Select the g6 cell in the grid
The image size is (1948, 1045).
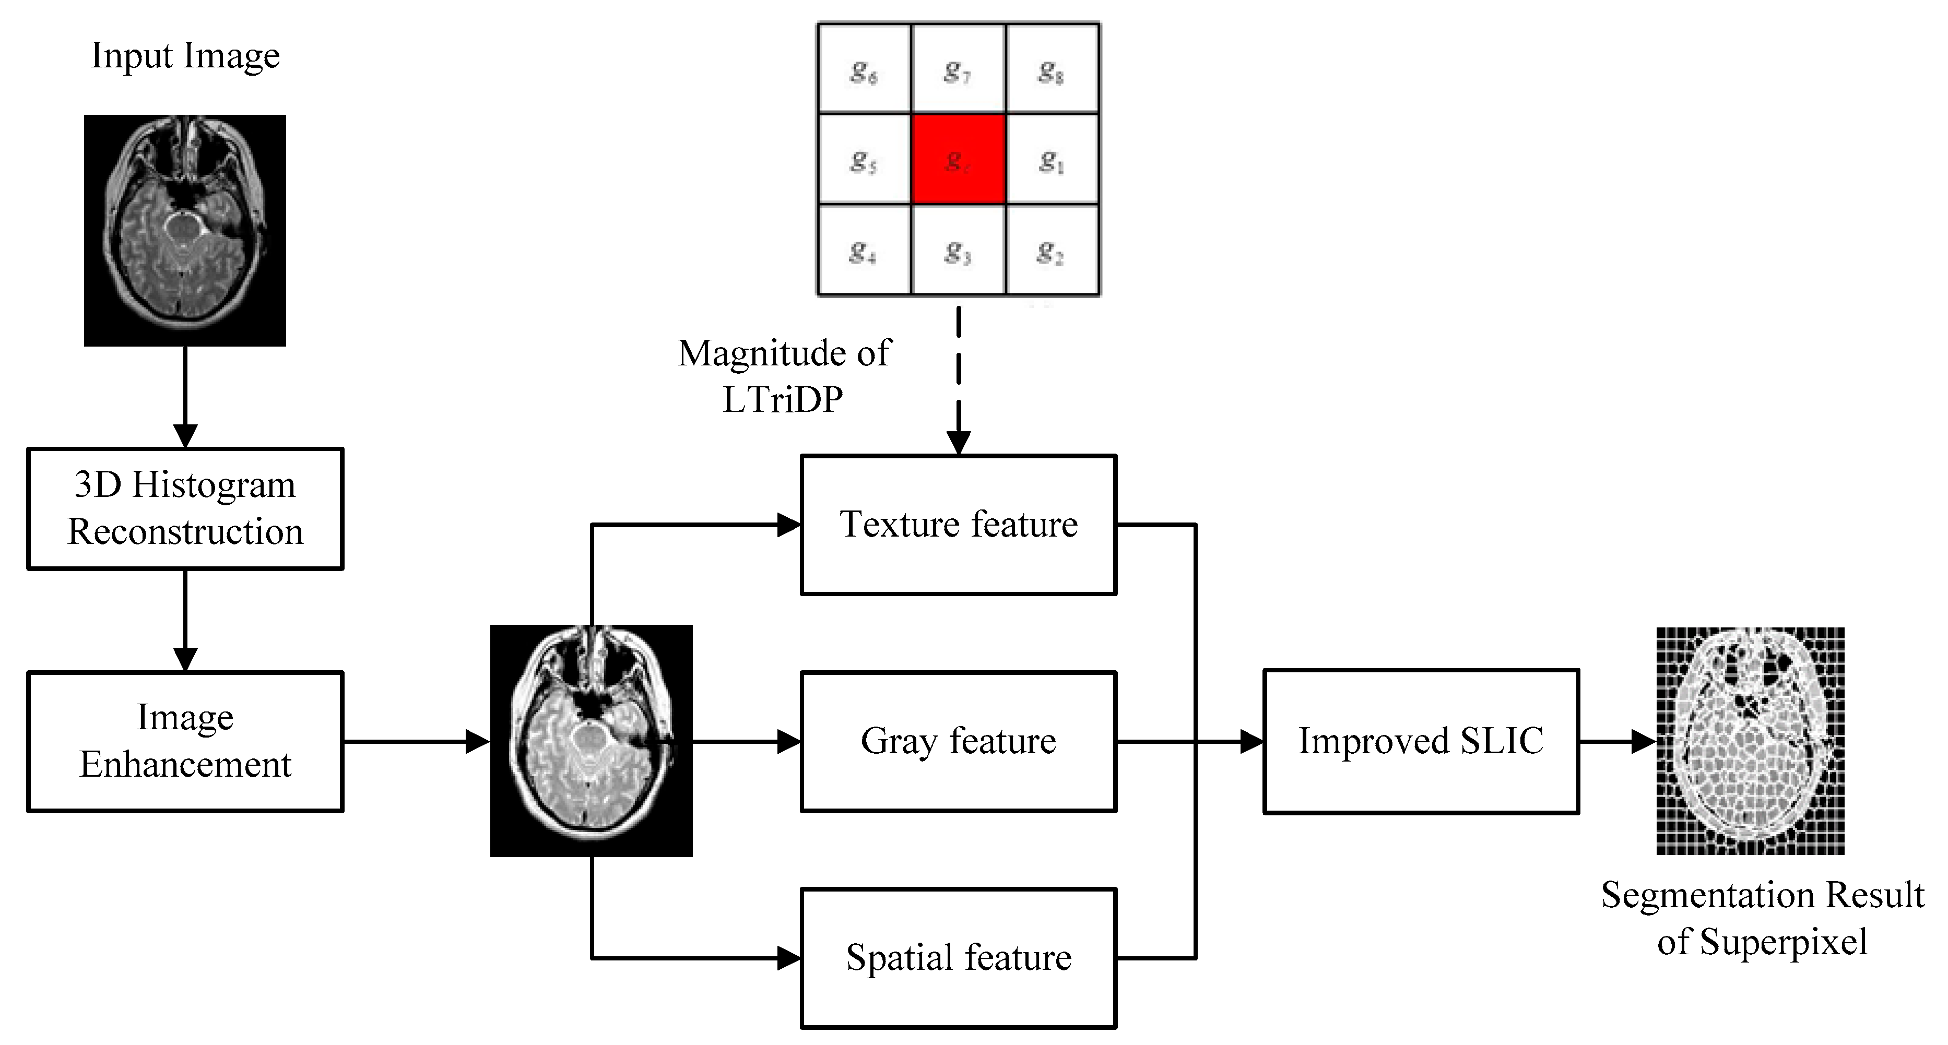pos(864,69)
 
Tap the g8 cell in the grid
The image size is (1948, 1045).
pos(1052,69)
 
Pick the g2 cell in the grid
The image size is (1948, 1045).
pos(1052,250)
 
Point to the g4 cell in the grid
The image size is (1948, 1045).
pos(864,250)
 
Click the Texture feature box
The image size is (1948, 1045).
pos(958,525)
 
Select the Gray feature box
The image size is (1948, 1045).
pos(958,741)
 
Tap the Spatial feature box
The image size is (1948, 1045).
pos(958,957)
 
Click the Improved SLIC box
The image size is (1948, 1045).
pos(1420,741)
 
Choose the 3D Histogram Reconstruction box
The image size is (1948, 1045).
pos(185,508)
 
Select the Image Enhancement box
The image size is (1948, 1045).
pos(185,741)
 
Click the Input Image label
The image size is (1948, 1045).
pos(185,56)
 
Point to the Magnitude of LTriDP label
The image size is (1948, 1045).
pos(784,376)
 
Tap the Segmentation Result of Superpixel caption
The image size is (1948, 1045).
pos(1762,918)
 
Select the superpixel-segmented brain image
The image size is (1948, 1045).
pos(1750,741)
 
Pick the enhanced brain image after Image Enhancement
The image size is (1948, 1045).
pos(592,741)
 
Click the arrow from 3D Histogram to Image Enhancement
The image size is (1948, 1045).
pos(185,620)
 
